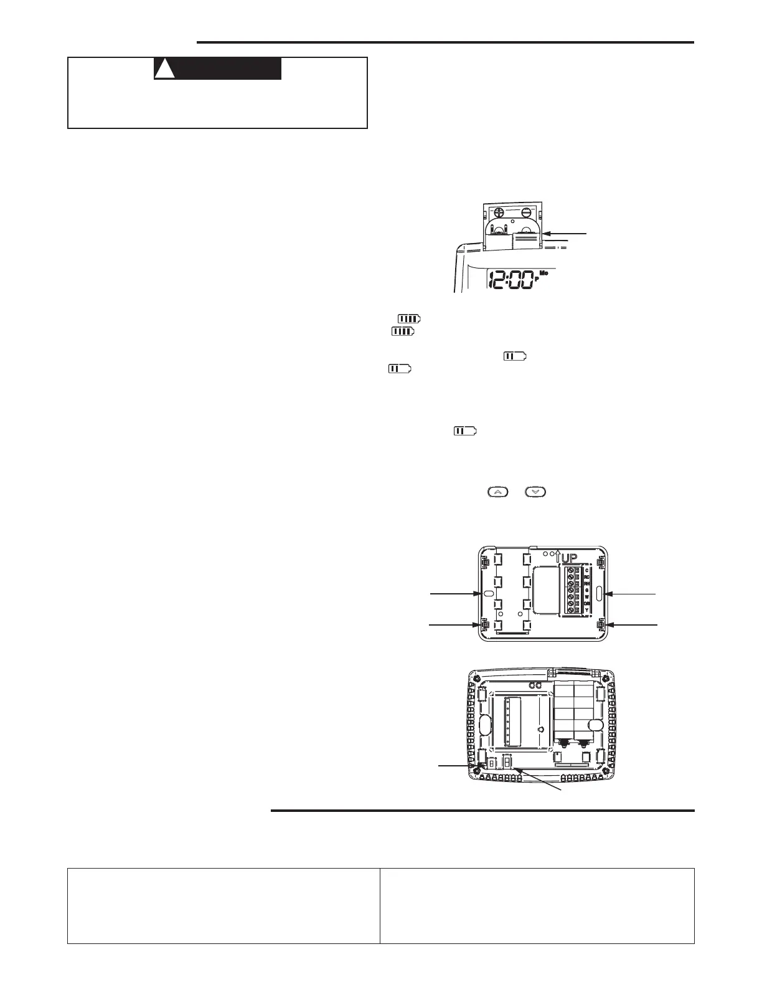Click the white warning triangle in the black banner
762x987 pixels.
[164, 69]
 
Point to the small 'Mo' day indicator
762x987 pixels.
[543, 273]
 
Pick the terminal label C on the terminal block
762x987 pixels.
[588, 570]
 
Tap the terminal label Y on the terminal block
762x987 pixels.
[588, 610]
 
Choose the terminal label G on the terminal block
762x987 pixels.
[588, 589]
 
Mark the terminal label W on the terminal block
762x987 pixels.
[588, 596]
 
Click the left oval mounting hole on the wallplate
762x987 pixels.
[488, 594]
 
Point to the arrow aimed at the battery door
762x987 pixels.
[563, 233]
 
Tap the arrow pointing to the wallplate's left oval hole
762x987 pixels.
[455, 594]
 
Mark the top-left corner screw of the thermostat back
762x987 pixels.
[477, 678]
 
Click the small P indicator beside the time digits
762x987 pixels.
[537, 279]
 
